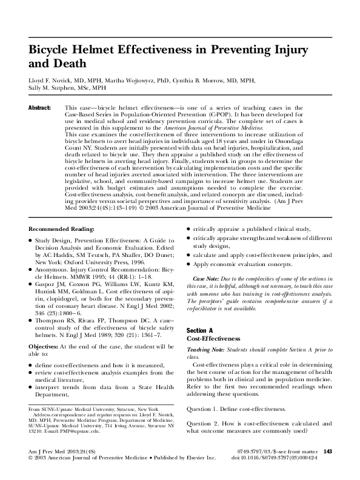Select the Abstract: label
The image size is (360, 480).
[x=40, y=107]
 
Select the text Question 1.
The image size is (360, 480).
[x=208, y=409]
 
